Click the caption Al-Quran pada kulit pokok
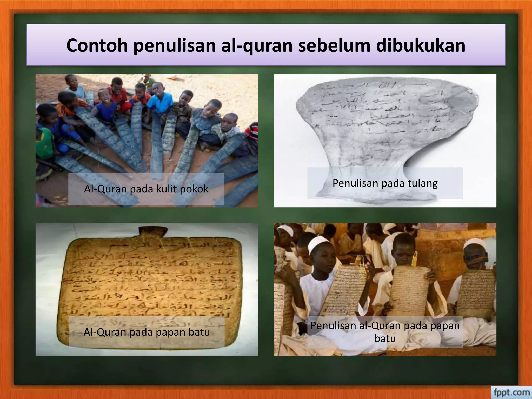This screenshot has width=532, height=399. [x=146, y=189]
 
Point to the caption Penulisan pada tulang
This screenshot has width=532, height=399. [x=385, y=183]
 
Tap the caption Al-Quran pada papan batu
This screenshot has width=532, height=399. [x=147, y=332]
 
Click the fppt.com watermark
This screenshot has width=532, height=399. [x=511, y=392]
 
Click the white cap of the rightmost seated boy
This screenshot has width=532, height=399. [x=475, y=244]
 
